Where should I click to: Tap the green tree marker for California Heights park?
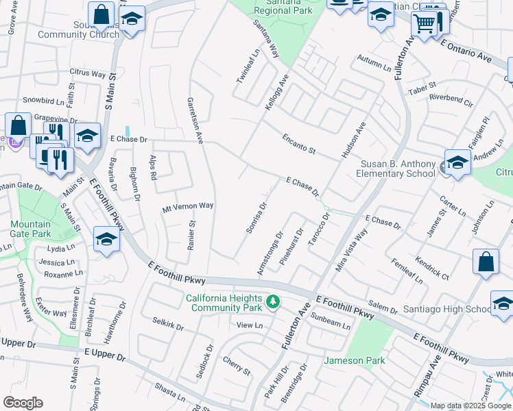(273, 301)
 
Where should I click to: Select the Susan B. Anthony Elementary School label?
(398, 169)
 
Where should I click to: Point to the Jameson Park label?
(355, 360)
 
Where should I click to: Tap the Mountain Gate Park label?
(31, 229)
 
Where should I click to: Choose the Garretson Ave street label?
(195, 120)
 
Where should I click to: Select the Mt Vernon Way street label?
(188, 206)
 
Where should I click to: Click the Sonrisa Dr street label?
(256, 218)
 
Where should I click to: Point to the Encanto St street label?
(299, 144)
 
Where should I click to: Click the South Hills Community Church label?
(68, 30)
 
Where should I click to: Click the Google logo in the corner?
(23, 403)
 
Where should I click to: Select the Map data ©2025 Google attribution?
(470, 406)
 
